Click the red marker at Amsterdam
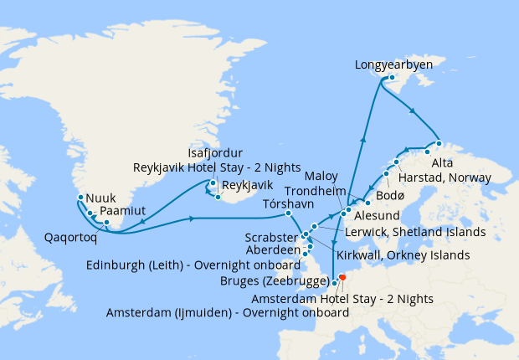click(x=342, y=279)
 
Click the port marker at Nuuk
click(x=80, y=198)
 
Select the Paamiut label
click(x=121, y=210)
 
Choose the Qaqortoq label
click(x=71, y=236)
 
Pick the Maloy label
click(x=321, y=177)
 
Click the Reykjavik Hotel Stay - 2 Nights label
click(x=216, y=167)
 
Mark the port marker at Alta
click(x=428, y=152)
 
